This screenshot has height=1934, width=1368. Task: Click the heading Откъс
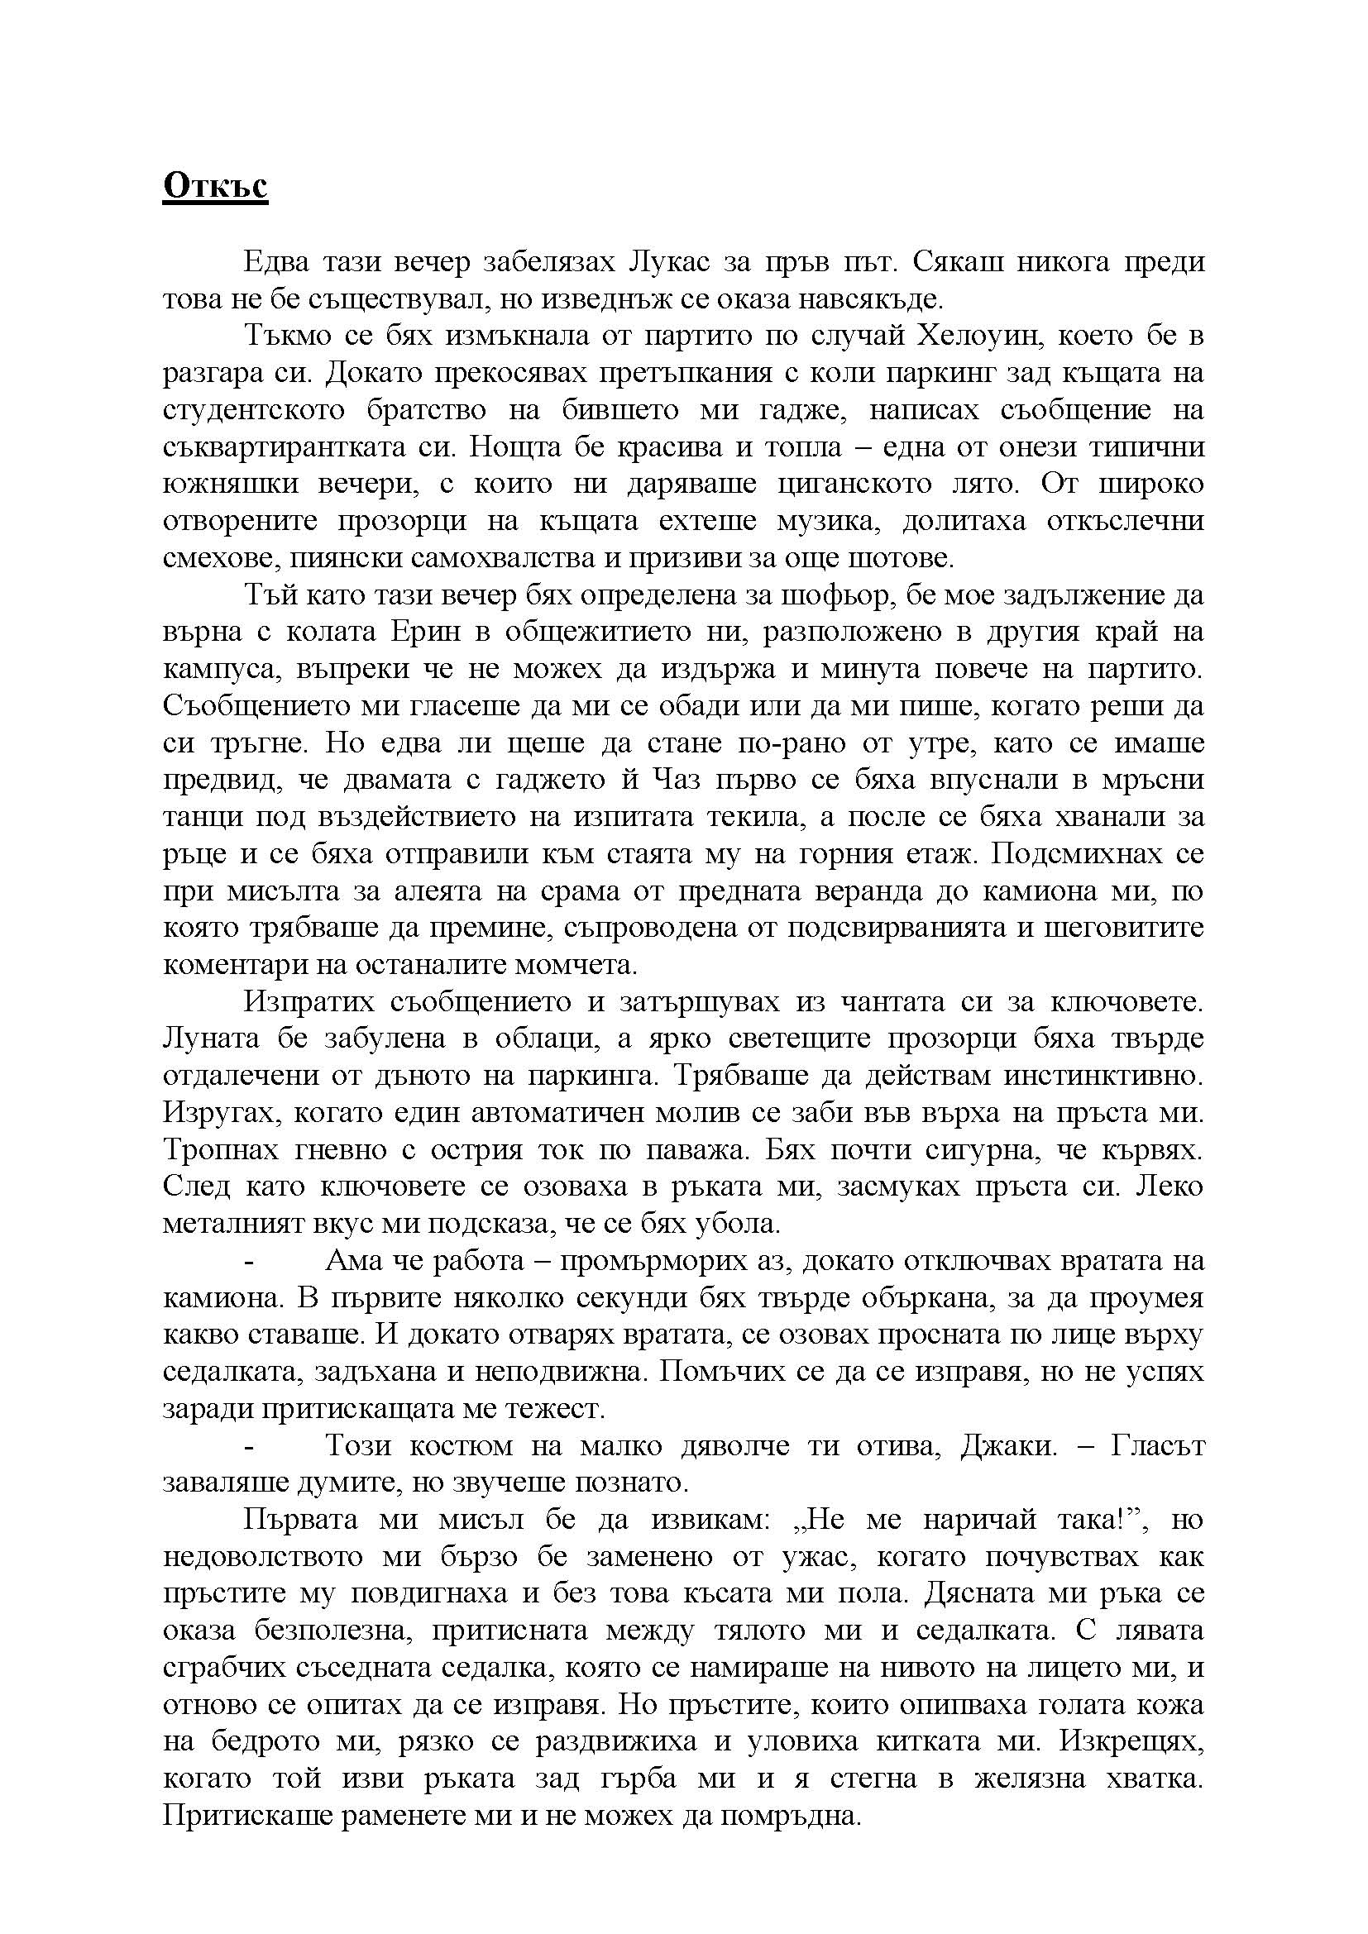point(215,186)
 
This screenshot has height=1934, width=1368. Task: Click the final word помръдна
point(787,1815)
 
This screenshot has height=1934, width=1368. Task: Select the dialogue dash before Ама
point(249,1261)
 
